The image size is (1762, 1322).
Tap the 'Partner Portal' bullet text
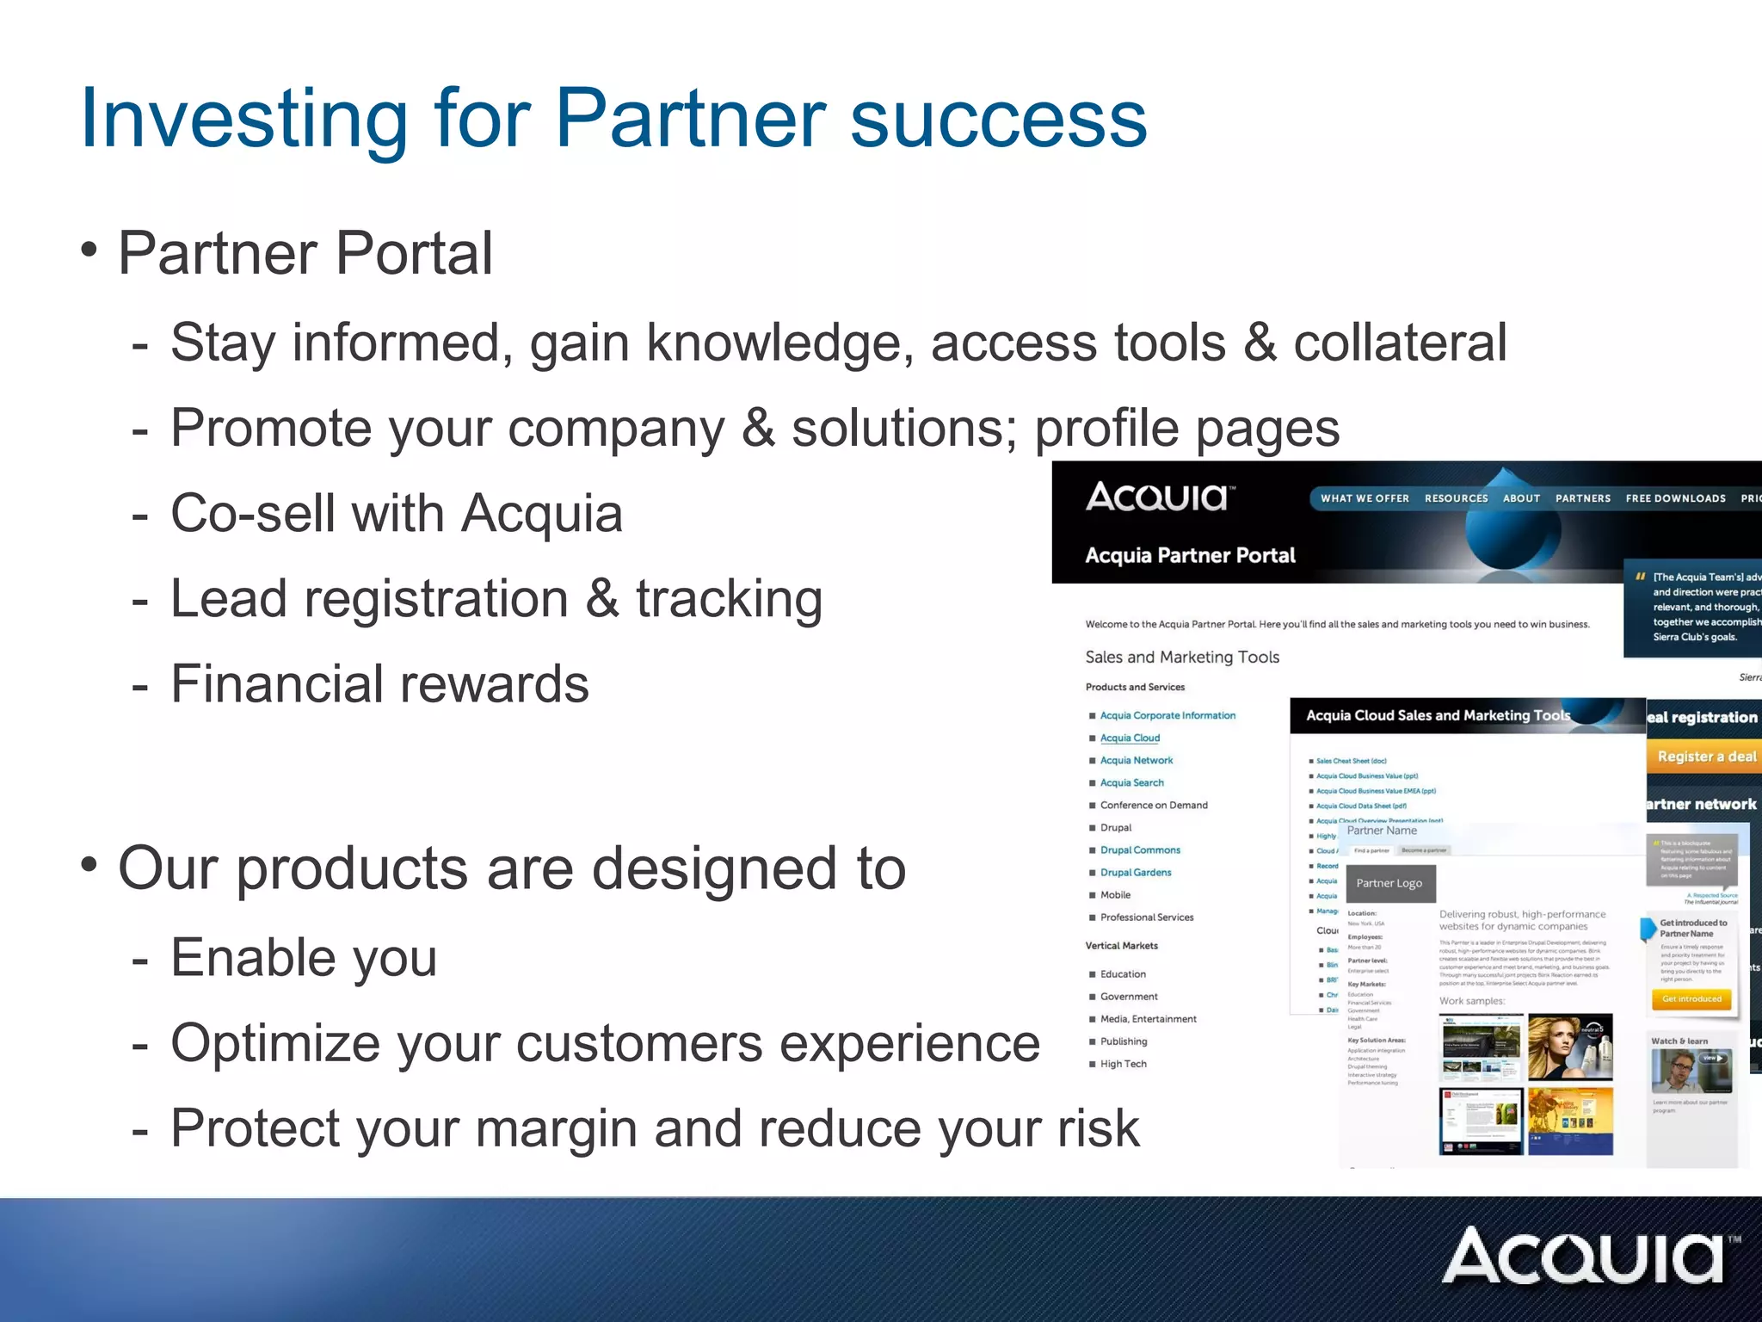[x=305, y=253]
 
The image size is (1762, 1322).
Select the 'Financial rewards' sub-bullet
[x=379, y=684]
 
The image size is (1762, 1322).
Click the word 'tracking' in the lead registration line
[x=729, y=599]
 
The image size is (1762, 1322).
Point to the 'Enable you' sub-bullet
[x=304, y=957]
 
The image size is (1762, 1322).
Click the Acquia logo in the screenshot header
[x=1159, y=497]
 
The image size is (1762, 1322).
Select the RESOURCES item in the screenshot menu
[x=1456, y=498]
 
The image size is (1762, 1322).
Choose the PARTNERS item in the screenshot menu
[x=1582, y=498]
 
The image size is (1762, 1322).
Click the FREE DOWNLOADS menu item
[x=1675, y=498]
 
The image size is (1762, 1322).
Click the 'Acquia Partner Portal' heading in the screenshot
[x=1190, y=555]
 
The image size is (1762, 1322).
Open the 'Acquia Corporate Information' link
[x=1167, y=715]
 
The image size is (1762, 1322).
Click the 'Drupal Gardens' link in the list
[x=1135, y=872]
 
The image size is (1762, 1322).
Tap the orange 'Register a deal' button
[x=1706, y=756]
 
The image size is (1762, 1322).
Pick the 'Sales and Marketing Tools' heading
[x=1182, y=657]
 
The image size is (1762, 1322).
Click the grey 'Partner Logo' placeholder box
[x=1389, y=883]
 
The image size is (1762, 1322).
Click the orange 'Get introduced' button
[x=1691, y=998]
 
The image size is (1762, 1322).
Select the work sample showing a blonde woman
[x=1569, y=1047]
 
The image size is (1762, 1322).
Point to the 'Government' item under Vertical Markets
[x=1128, y=996]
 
